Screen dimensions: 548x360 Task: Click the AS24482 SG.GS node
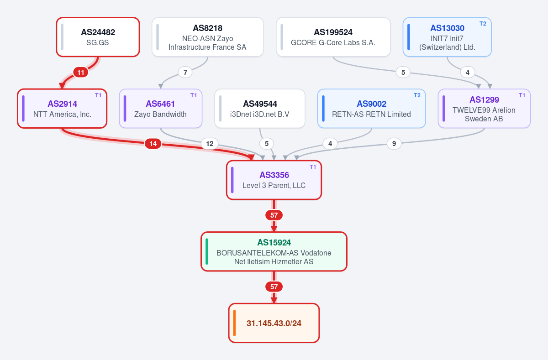pos(98,37)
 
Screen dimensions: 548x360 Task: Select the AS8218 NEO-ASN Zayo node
pos(208,37)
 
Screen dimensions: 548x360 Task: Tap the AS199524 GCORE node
pos(333,37)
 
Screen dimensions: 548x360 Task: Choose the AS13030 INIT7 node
pos(447,37)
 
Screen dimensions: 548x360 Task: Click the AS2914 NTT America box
pos(62,109)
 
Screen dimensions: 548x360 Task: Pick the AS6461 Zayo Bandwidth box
pos(161,109)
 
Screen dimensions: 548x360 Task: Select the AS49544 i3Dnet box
pos(260,109)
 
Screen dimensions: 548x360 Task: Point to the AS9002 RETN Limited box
pos(372,109)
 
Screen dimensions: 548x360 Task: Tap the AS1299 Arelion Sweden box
pos(484,109)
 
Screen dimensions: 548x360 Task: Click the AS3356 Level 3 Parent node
pos(274,180)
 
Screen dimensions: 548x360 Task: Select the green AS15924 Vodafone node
pos(274,251)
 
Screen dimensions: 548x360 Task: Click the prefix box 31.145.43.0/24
pos(274,323)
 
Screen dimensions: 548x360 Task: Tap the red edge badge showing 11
pos(81,73)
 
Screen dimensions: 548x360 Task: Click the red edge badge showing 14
pos(153,143)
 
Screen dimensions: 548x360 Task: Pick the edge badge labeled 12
pos(210,143)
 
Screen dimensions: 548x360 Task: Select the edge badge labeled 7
pos(185,73)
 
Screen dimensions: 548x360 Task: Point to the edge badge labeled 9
pos(394,143)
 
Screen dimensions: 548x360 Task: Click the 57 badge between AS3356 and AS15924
pos(274,215)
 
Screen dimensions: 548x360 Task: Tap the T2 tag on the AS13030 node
pos(483,24)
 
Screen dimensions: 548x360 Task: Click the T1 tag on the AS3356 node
pos(313,167)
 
